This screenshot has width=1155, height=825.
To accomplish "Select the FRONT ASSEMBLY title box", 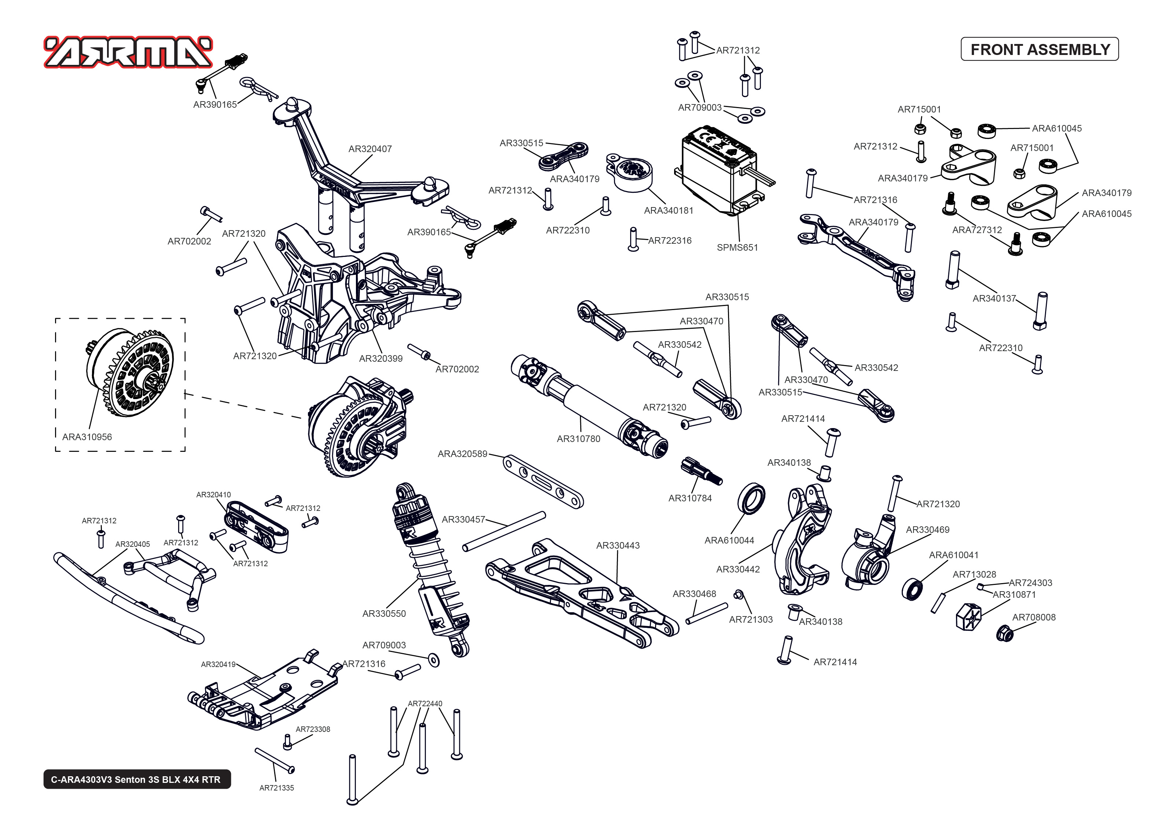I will click(1040, 49).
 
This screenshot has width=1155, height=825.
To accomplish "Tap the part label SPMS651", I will click(737, 247).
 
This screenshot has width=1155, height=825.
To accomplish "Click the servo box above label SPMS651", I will click(719, 170).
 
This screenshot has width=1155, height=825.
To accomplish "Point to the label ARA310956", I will click(87, 437).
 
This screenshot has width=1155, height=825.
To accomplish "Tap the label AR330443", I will click(618, 546).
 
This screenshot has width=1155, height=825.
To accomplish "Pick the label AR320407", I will click(370, 149).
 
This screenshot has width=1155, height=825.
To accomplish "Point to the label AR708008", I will click(1034, 617).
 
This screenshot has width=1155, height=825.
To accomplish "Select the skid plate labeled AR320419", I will click(264, 696).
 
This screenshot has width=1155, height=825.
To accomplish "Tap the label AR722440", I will click(424, 704).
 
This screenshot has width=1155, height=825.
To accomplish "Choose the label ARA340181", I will click(669, 210).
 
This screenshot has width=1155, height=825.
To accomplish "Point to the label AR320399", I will click(380, 359).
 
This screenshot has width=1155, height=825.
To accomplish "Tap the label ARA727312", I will click(977, 230).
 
